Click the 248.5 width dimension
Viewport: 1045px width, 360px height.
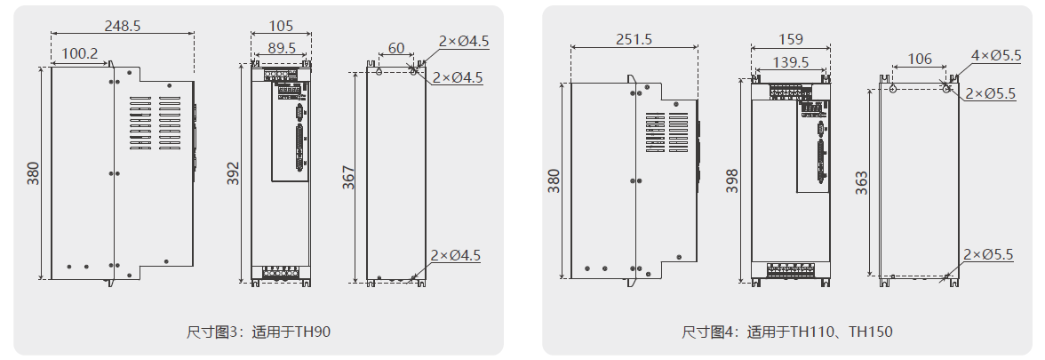click(x=123, y=26)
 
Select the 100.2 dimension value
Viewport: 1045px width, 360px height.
click(x=79, y=54)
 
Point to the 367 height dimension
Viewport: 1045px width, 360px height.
click(x=348, y=178)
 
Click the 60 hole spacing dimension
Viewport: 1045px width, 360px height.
click(x=396, y=48)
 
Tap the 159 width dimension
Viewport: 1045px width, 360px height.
click(x=790, y=39)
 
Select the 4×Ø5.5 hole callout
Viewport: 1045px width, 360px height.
click(x=996, y=55)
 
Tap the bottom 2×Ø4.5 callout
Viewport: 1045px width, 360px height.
click(x=455, y=256)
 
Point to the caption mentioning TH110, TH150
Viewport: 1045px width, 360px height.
click(x=787, y=332)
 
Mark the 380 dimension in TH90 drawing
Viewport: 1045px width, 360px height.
click(x=33, y=172)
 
